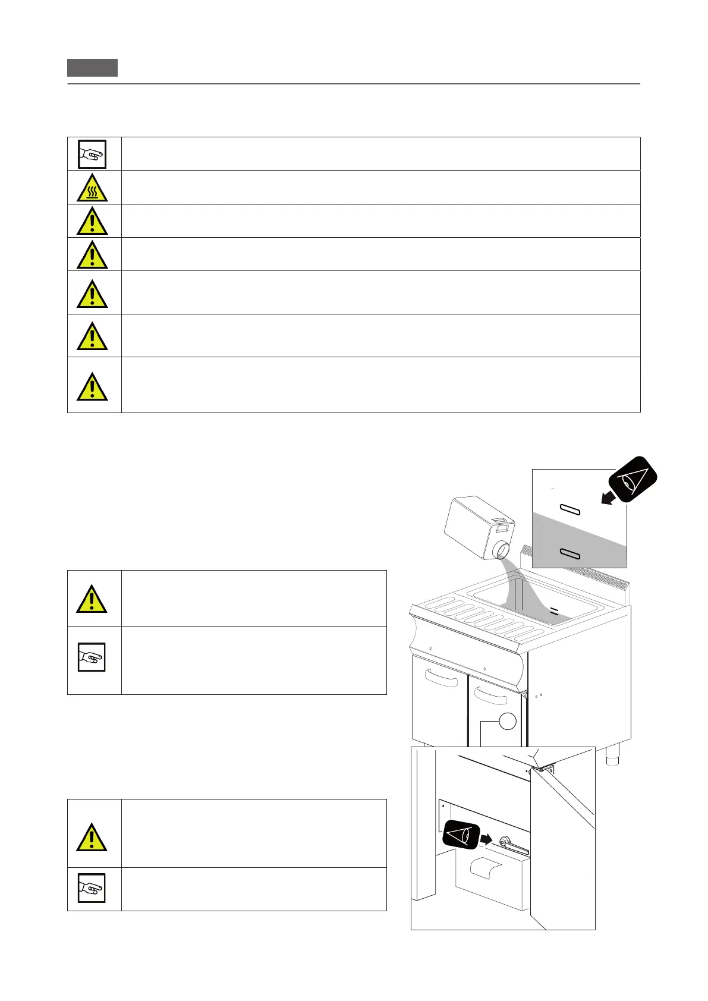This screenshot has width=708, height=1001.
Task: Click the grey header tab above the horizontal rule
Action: tap(92, 68)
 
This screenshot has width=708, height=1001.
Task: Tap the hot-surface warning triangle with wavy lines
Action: tap(92, 188)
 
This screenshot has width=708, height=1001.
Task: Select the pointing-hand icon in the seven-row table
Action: tap(92, 155)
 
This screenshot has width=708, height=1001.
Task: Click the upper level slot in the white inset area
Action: tap(569, 510)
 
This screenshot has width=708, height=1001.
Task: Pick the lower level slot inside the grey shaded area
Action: tap(569, 555)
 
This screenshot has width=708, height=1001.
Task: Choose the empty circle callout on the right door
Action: tap(507, 720)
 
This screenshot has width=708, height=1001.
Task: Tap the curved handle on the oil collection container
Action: tap(486, 869)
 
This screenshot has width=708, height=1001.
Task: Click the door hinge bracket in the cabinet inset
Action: tap(543, 768)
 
